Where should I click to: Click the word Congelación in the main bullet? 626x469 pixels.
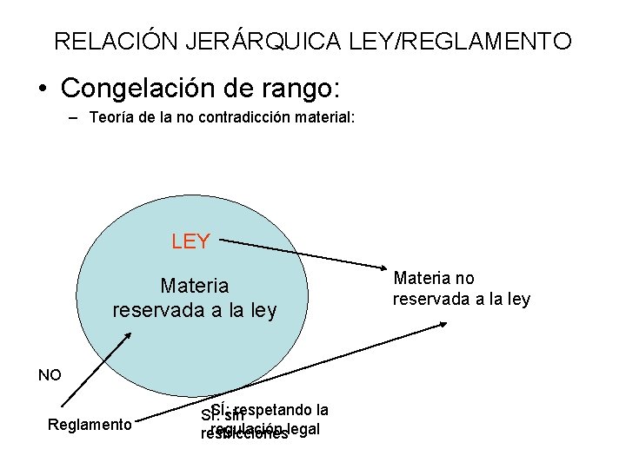pos(148,88)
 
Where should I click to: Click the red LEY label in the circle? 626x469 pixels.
pos(190,241)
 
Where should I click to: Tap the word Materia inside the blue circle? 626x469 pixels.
pos(194,285)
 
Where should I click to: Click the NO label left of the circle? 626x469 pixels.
pos(50,375)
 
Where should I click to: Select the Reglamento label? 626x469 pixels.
pos(90,425)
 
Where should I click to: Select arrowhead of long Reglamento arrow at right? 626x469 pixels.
pos(443,323)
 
